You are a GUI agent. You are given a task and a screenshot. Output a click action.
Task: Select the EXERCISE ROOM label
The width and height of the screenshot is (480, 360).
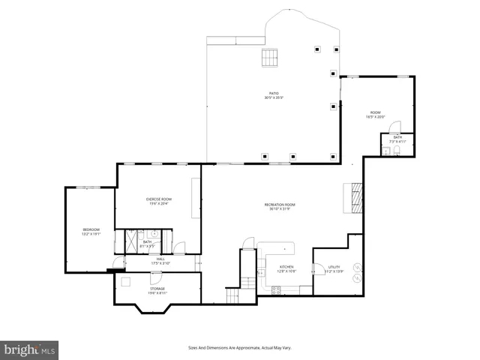[x=158, y=200]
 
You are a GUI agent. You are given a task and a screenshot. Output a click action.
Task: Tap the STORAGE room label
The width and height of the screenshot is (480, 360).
[x=157, y=289]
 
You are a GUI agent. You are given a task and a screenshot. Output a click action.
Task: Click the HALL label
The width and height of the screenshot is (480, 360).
[x=160, y=260]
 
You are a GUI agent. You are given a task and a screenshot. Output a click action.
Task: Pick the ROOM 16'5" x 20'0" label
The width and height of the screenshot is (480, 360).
[x=375, y=114]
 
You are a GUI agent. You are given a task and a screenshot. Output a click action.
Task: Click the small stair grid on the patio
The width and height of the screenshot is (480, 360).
[x=268, y=57]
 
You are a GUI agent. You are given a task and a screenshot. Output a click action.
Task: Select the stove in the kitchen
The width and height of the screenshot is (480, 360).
[x=276, y=290]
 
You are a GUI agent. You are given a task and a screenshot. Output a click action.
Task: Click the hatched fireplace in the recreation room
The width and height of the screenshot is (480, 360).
[x=353, y=196]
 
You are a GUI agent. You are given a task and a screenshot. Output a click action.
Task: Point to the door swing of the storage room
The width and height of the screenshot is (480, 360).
[x=125, y=282]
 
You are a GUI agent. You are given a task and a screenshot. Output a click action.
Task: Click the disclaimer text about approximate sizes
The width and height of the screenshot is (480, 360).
[x=239, y=348]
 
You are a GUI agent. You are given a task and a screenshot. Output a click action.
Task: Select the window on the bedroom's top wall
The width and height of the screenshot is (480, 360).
[x=91, y=187]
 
